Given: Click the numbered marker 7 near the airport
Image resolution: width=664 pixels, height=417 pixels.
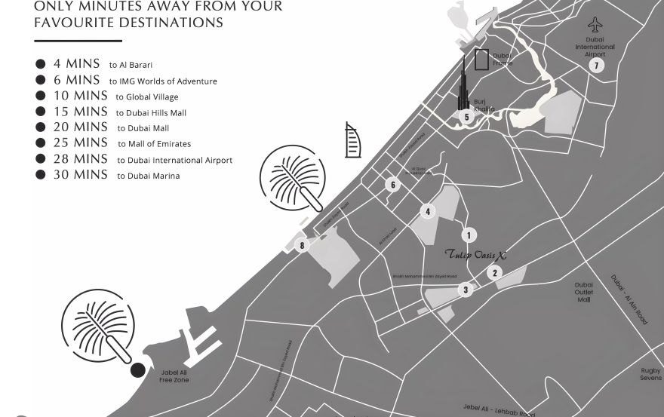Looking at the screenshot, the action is coord(596,66).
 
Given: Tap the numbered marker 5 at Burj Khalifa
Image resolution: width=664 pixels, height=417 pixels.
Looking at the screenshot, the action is coord(466,117).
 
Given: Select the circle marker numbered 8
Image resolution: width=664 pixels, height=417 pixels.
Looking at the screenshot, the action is coord(302,245).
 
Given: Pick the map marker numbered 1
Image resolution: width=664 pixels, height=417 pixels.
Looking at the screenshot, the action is coord(469,235).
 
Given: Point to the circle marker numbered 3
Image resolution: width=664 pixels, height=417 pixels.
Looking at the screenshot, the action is coord(466,290).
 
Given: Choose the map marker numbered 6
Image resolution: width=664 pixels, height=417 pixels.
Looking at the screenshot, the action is coord(392,185).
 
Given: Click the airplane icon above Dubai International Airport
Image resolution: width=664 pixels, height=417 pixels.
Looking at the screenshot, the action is coord(596,25).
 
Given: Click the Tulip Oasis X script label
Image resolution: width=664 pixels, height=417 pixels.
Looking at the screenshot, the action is coord(475,255).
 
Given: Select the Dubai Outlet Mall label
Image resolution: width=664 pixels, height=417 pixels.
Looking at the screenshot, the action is coord(583,293).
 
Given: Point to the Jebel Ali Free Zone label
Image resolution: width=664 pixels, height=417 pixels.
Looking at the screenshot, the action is coord(174,376).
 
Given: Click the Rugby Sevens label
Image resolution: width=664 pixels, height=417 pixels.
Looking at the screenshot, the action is coord(650,374).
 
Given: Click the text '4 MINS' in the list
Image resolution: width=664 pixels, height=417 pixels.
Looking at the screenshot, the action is coord(76,64).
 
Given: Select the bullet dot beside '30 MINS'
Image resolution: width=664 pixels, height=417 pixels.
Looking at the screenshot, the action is coord(41,175).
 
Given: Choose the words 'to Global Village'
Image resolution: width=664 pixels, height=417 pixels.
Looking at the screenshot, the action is coord(146,97).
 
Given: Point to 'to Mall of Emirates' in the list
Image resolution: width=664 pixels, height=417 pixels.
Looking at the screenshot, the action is coord(153,144).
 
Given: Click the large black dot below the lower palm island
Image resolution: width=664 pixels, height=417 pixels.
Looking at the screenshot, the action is coord(137,370).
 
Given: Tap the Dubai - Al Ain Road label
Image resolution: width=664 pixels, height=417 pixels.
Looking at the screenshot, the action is coord(629,299).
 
